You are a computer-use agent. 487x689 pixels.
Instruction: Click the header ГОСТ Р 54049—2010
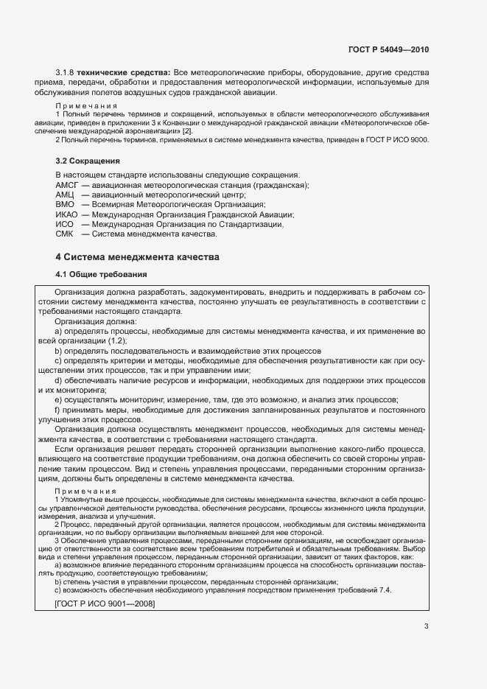388,49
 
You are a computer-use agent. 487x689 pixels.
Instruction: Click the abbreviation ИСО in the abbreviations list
66,224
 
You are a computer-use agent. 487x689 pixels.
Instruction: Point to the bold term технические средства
126,72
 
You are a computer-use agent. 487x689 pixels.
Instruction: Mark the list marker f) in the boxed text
57,409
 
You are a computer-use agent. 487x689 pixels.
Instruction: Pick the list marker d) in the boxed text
57,380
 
